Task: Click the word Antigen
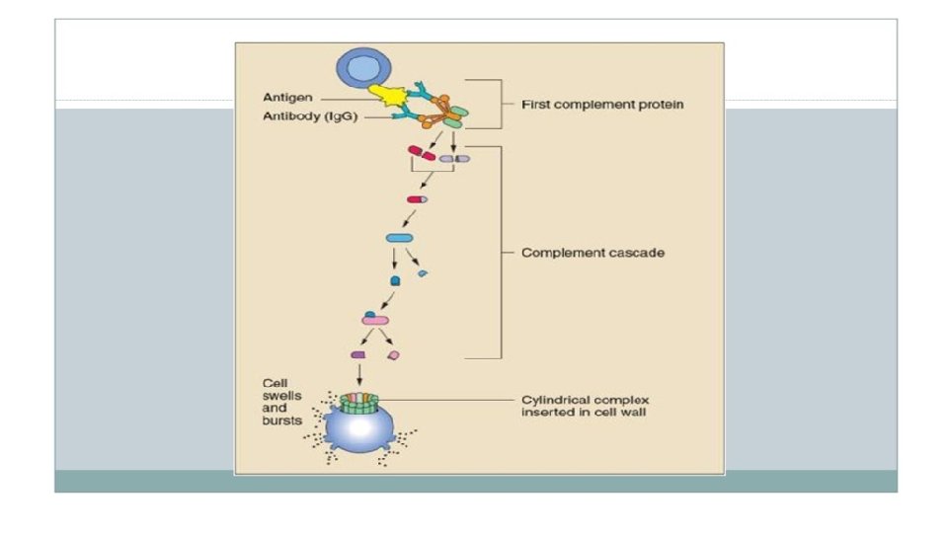283,97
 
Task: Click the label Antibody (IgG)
294,116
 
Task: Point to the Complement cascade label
592,253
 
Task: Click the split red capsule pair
422,154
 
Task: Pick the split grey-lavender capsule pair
454,157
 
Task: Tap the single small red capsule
417,199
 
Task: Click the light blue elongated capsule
398,238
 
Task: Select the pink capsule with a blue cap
374,318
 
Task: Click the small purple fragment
358,354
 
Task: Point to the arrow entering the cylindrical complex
359,375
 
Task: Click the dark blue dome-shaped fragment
396,280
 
